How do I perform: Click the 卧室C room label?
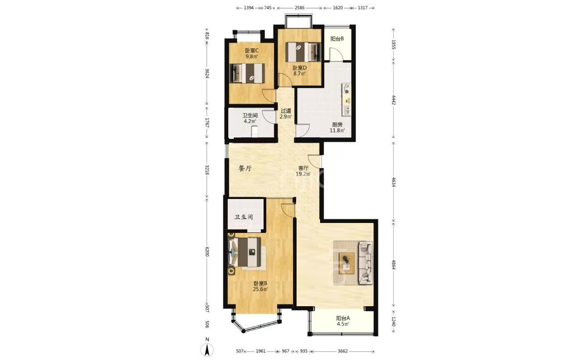coord(251,53)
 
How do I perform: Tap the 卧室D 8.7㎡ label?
coord(300,71)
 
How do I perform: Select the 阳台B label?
coord(337,39)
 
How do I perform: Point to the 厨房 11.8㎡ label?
coord(337,127)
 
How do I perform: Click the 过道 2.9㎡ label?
coord(286,114)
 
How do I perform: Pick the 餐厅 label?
coord(245,169)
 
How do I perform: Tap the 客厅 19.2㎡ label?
coord(303,171)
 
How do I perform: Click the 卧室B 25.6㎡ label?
coord(260,286)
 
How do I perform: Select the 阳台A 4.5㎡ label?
coord(343,321)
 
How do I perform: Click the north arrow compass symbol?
coord(207,348)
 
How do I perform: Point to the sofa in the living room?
coord(366,263)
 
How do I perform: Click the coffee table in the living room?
coord(347,263)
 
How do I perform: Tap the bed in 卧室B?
coord(244,252)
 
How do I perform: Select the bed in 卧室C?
coord(247,73)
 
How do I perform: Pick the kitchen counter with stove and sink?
coord(346,99)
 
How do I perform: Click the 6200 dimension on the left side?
coord(207,251)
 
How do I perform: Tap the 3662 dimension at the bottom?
coord(343,351)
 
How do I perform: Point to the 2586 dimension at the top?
coord(300,8)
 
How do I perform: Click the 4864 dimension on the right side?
coord(394,265)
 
